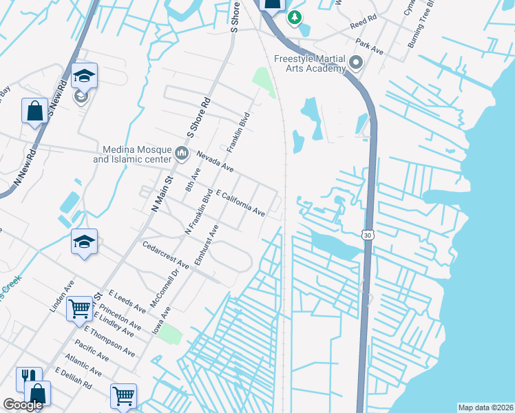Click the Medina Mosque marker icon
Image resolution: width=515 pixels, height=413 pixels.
pyautogui.click(x=182, y=153)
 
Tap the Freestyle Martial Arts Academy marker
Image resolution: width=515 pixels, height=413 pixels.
pyautogui.click(x=356, y=63)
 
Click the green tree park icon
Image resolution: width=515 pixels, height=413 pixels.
pyautogui.click(x=295, y=17)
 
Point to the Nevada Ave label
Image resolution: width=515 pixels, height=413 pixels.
pyautogui.click(x=215, y=161)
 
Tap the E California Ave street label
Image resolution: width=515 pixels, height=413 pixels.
pyautogui.click(x=240, y=204)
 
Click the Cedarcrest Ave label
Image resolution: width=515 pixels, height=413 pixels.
pyautogui.click(x=165, y=255)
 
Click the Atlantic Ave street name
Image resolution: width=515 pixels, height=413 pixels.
pyautogui.click(x=84, y=365)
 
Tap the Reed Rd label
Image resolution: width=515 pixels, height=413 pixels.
pyautogui.click(x=364, y=23)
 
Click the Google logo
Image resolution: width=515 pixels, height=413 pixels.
pyautogui.click(x=23, y=405)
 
